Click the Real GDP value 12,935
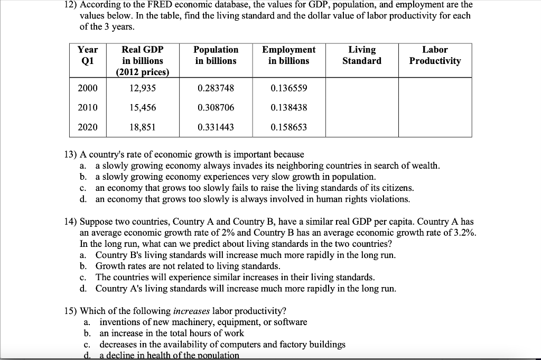coord(142,88)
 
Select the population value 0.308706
coord(216,107)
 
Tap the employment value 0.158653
coord(288,127)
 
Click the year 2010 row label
coord(87,107)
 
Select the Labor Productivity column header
coord(435,55)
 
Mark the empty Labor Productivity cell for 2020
coord(435,127)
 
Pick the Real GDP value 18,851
coord(142,127)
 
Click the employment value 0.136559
coord(288,88)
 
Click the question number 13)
coord(71,154)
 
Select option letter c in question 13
coord(83,188)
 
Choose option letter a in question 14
coord(83,255)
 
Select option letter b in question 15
coord(87,333)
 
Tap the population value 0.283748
coord(216,88)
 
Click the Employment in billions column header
coord(288,55)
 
